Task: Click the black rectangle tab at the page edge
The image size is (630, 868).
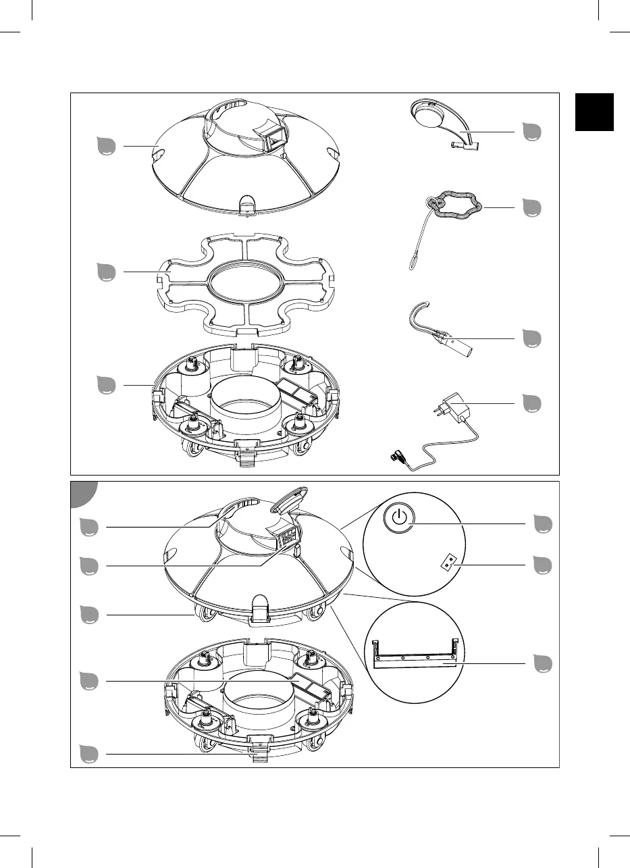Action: (594, 111)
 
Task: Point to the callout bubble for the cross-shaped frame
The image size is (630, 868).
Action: (106, 272)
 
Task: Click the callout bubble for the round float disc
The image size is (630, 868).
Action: (533, 132)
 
